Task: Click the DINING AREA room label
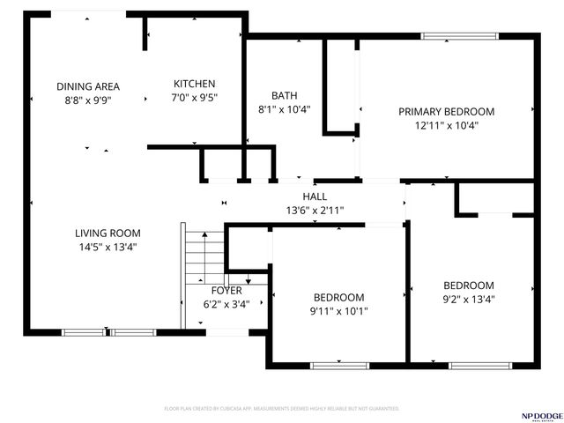pyautogui.click(x=88, y=86)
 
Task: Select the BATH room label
pyautogui.click(x=284, y=95)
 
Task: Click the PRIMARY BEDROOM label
pyautogui.click(x=446, y=112)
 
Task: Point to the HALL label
pyautogui.click(x=315, y=197)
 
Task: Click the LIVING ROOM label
pyautogui.click(x=108, y=234)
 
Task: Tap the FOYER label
pyautogui.click(x=226, y=291)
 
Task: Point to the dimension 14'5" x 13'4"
pyautogui.click(x=108, y=247)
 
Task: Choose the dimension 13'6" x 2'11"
pyautogui.click(x=315, y=210)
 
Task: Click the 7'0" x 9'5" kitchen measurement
pyautogui.click(x=193, y=100)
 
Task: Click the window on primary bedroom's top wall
pyautogui.click(x=458, y=36)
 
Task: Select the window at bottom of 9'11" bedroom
pyautogui.click(x=339, y=365)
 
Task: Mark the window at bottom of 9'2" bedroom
pyautogui.click(x=468, y=365)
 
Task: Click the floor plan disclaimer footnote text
pyautogui.click(x=282, y=409)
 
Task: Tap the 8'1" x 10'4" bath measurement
pyautogui.click(x=284, y=109)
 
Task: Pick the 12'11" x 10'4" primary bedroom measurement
pyautogui.click(x=446, y=125)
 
